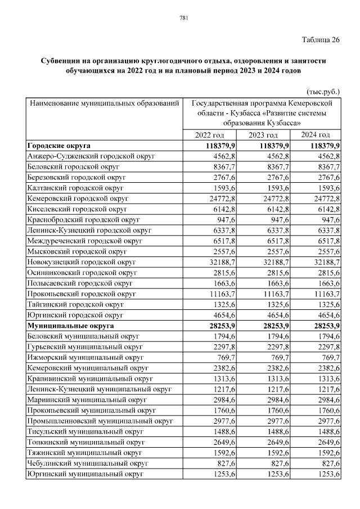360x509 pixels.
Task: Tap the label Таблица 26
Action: point(321,39)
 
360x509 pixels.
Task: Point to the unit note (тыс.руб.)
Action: point(323,91)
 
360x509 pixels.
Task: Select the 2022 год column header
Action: point(209,135)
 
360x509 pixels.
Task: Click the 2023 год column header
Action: point(263,135)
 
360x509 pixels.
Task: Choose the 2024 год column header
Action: point(315,135)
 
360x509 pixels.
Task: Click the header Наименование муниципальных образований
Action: point(105,103)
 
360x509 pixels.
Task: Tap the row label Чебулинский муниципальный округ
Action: point(87,463)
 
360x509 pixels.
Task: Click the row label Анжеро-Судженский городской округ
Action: point(91,156)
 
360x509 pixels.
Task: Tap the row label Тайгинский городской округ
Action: point(75,304)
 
